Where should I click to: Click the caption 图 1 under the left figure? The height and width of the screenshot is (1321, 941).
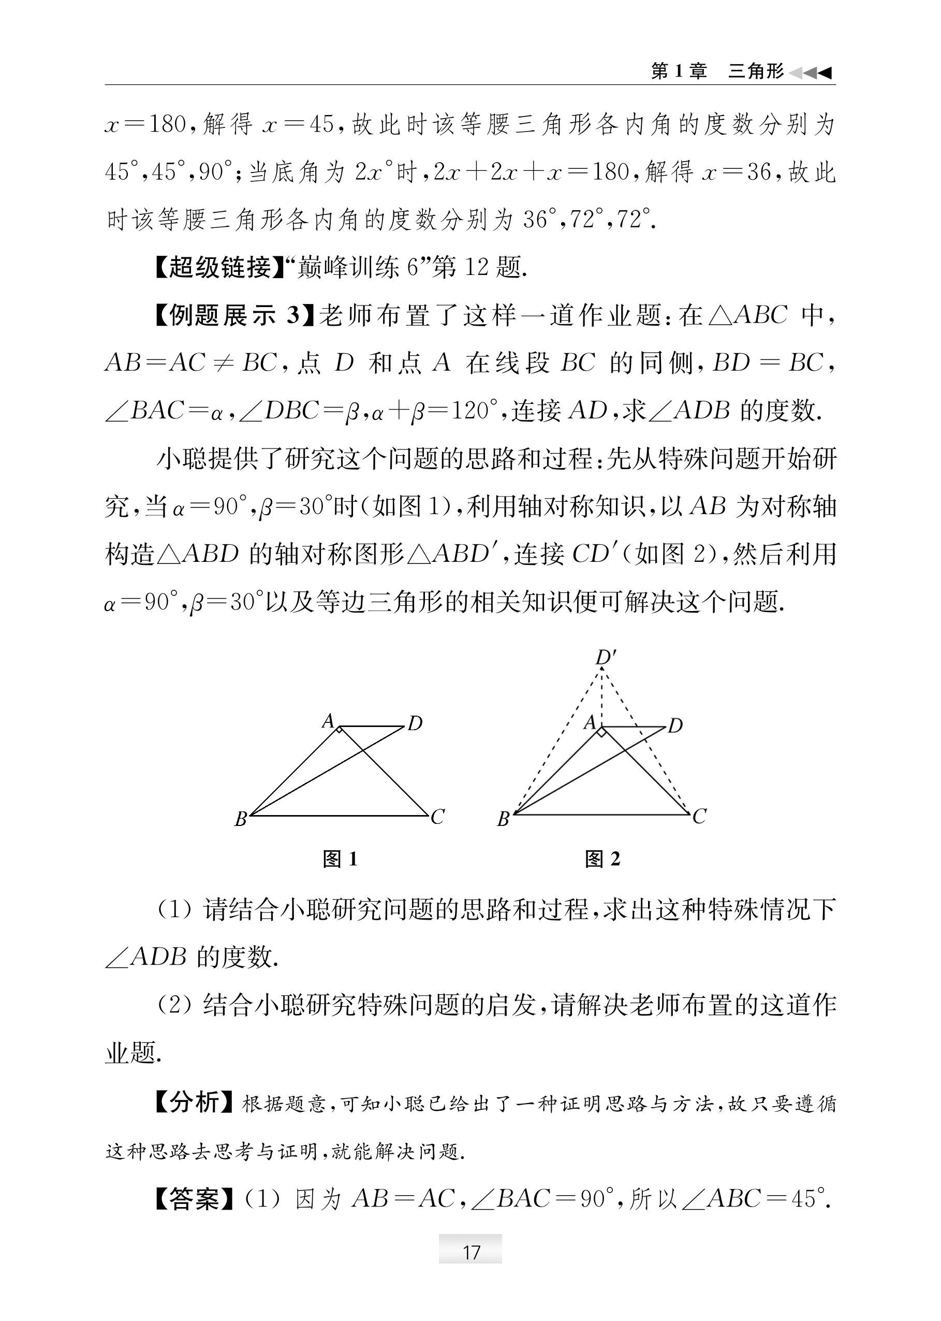coord(340,859)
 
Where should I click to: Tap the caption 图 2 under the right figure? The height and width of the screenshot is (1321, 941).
coord(602,859)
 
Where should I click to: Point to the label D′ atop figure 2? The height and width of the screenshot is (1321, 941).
coord(606,657)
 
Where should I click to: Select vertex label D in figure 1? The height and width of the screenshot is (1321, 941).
coord(415,723)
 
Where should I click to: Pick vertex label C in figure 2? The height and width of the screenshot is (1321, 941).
coord(699,817)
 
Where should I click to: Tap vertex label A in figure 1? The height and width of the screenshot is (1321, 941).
coord(328,721)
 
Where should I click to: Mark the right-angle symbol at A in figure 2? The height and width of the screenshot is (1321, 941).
coord(602,733)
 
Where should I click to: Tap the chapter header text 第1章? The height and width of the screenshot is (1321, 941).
coord(679,71)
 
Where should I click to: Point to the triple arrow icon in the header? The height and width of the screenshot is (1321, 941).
coord(811,72)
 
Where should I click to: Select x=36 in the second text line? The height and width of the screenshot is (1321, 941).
coord(736,172)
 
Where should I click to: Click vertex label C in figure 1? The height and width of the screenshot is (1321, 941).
coord(437,817)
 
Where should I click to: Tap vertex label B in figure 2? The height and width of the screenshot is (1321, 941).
coord(503,819)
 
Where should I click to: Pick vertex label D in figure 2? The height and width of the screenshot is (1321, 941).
coord(675,725)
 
